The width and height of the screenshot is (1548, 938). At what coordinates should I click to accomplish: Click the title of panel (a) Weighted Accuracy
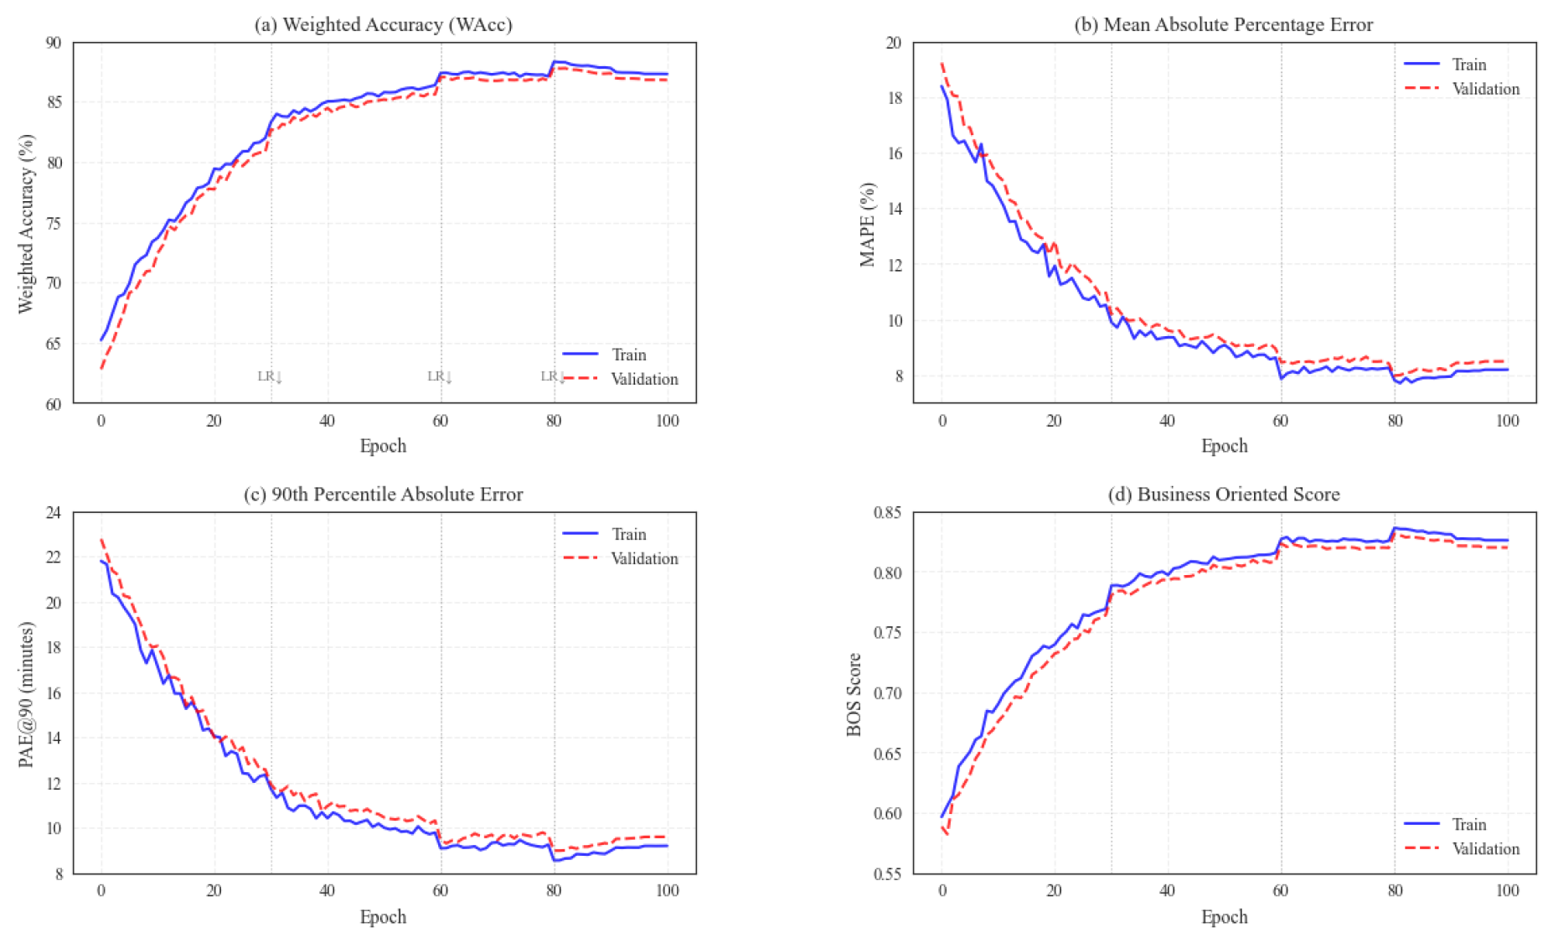click(383, 24)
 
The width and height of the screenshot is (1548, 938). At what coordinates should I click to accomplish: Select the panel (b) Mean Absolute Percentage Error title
click(1223, 24)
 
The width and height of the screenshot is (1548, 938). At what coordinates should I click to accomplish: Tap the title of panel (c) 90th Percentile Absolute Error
click(383, 495)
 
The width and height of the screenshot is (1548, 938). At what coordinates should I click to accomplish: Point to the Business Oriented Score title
click(1223, 495)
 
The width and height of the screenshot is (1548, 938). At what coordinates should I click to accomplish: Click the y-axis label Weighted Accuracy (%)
click(26, 223)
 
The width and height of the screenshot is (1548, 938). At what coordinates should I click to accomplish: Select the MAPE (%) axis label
click(867, 224)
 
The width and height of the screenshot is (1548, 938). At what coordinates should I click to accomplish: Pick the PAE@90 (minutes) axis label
click(26, 694)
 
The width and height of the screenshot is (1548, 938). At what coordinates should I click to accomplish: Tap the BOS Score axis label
click(854, 694)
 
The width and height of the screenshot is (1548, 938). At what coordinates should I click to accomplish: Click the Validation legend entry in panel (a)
click(643, 379)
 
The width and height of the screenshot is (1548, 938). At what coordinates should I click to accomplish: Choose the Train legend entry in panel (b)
click(1468, 65)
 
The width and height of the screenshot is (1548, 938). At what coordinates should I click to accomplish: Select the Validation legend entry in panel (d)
click(1484, 849)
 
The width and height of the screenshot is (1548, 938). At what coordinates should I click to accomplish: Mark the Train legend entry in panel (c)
click(628, 535)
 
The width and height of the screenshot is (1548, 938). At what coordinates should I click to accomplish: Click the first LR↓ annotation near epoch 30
click(270, 376)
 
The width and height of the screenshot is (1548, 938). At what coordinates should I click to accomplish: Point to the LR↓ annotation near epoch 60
click(440, 376)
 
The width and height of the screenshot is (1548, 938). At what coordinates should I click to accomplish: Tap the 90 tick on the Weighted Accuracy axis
click(53, 43)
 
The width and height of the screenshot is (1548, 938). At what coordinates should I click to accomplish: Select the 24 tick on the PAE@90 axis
click(53, 513)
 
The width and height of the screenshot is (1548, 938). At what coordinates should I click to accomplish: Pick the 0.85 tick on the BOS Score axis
click(888, 513)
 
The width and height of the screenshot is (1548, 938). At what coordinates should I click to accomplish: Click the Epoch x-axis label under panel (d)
click(1224, 917)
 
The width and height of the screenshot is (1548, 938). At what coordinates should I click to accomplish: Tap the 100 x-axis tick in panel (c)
click(667, 890)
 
